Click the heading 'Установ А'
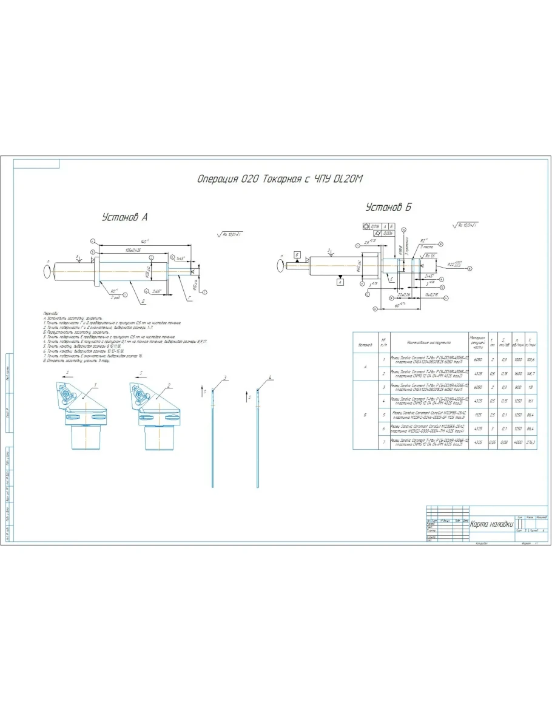124,217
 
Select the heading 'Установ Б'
388,208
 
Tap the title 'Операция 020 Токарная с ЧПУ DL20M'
280,179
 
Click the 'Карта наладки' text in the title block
491,524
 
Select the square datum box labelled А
340,282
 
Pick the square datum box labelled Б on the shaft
297,253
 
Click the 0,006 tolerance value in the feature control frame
388,233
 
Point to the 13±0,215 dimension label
431,294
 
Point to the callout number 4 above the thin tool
271,378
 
